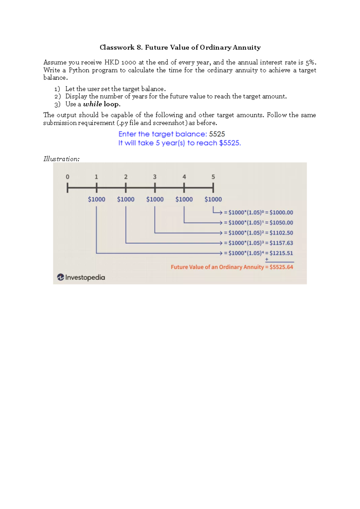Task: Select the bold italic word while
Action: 92,104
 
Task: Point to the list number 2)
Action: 57,97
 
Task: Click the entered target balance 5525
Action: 217,134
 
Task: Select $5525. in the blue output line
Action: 230,143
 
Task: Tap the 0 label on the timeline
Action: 67,177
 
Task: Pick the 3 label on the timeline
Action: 155,177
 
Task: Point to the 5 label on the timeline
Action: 213,177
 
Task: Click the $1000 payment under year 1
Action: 97,199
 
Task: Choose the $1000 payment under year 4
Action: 184,199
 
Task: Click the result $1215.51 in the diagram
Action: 281,253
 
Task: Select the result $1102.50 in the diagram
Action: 281,233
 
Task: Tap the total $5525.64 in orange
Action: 281,267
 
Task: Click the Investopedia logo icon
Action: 61,277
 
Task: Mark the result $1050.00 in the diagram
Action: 281,223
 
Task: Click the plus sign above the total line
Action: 267,259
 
